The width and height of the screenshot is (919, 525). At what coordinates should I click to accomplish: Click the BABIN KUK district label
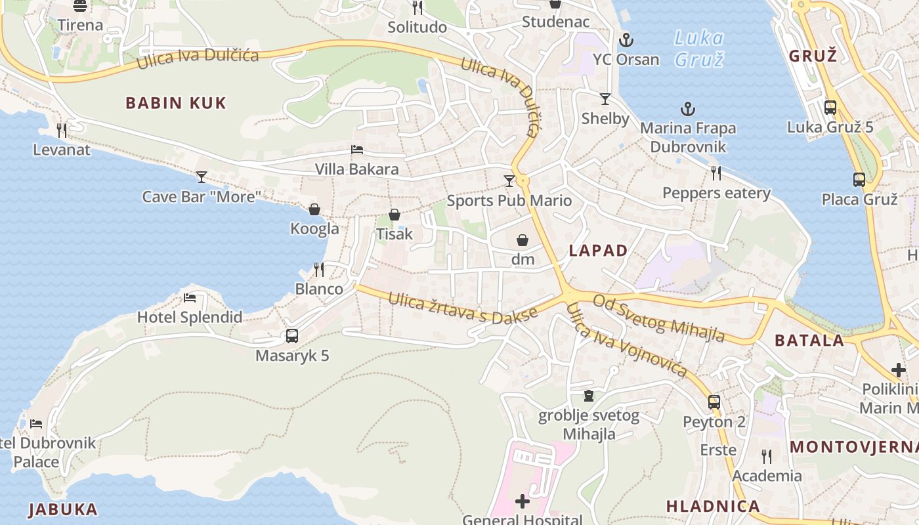click(176, 103)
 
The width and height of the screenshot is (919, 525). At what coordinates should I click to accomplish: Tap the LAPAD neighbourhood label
click(598, 250)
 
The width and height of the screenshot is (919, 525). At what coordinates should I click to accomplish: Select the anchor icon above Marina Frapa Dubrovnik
click(687, 109)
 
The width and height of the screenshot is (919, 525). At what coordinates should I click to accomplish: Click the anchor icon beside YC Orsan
click(626, 40)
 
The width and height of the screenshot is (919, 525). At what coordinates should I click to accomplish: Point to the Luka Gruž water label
click(699, 49)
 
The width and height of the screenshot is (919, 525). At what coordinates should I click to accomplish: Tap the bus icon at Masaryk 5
click(292, 336)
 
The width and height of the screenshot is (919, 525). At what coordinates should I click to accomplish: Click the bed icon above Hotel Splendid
click(190, 298)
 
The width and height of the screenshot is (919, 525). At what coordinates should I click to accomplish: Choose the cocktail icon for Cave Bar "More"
click(202, 177)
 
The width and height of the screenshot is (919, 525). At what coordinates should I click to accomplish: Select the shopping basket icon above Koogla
click(314, 209)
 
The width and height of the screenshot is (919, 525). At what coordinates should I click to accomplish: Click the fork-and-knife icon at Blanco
click(319, 270)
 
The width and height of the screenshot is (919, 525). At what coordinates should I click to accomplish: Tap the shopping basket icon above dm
click(523, 240)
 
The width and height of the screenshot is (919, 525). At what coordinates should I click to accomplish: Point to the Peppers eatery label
click(716, 193)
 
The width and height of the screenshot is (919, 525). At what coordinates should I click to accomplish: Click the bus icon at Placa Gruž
click(859, 179)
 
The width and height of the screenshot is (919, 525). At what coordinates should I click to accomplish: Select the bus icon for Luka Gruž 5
click(830, 108)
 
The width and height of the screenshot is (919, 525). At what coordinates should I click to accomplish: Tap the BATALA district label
click(809, 340)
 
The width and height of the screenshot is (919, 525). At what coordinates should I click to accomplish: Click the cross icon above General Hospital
click(523, 502)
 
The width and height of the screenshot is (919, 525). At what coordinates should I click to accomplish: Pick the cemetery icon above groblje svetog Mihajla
click(589, 396)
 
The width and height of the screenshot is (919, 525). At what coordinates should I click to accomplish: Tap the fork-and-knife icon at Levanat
click(62, 131)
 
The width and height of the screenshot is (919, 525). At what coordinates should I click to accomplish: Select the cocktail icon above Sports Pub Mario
click(509, 180)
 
